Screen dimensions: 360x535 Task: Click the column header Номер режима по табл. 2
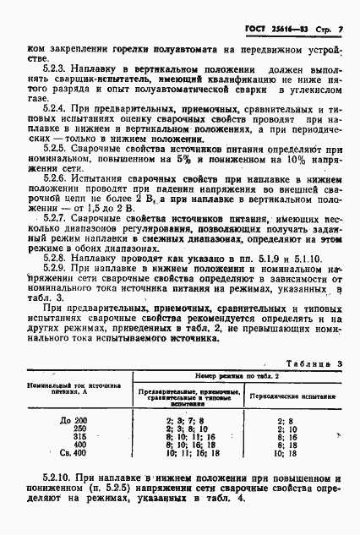230,374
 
